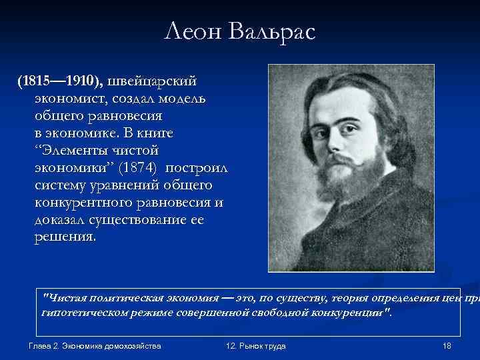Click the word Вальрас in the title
point(274,31)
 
